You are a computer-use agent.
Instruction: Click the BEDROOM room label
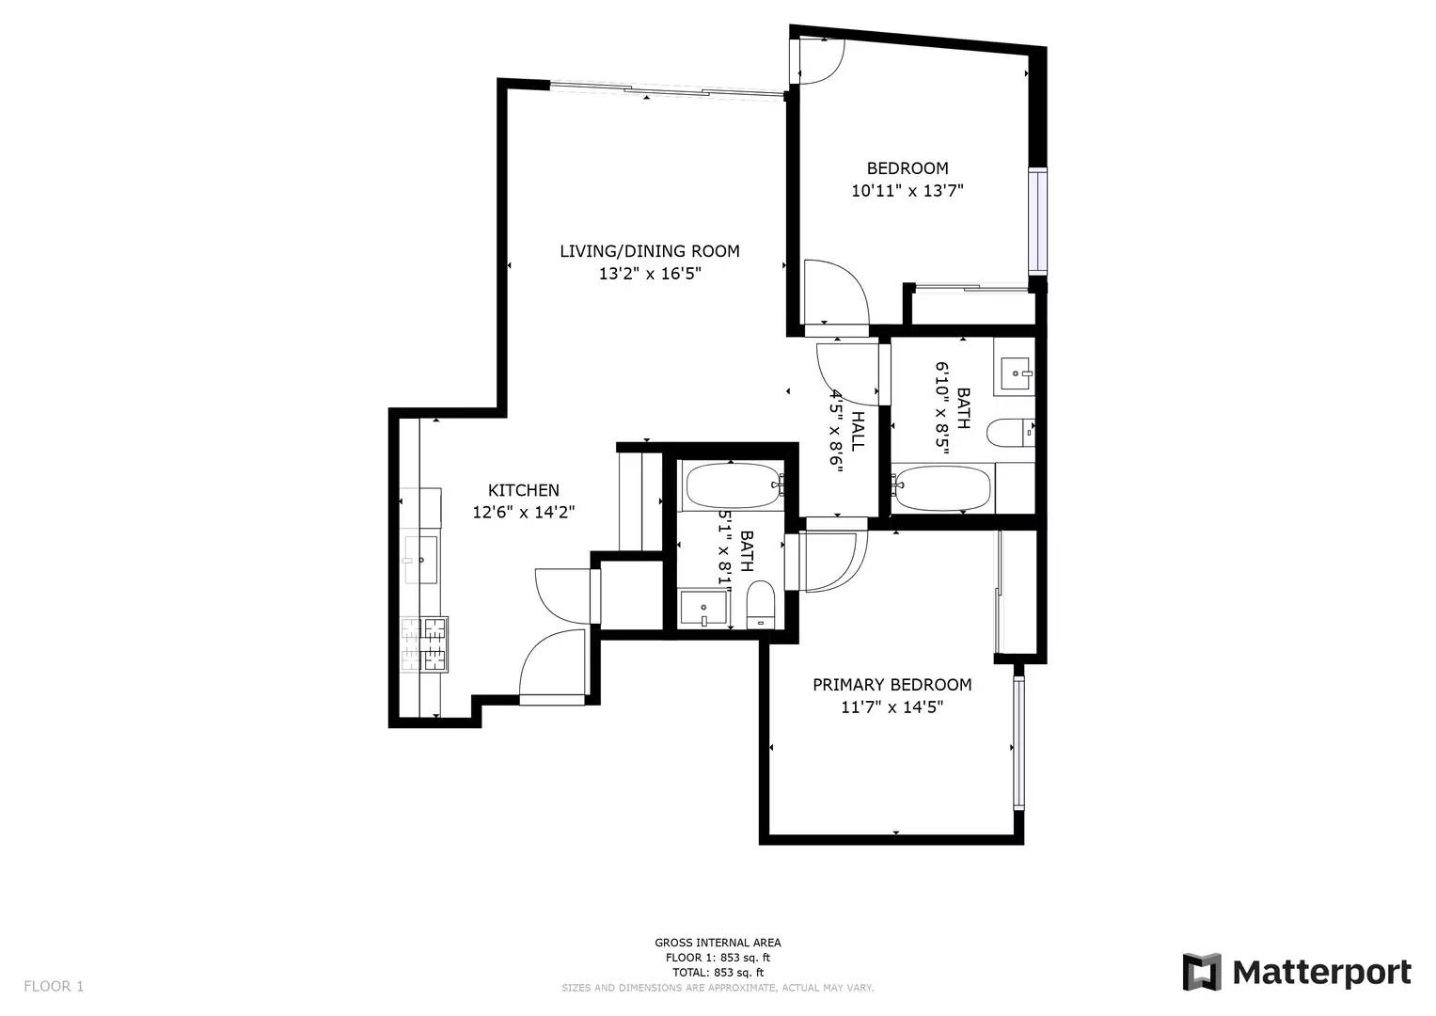[907, 168]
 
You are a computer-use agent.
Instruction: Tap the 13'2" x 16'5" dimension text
[650, 274]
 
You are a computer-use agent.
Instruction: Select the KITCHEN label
[523, 490]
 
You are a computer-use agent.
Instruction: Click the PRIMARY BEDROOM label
[892, 685]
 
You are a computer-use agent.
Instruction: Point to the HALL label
[858, 430]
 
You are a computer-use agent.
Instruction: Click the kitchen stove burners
[424, 644]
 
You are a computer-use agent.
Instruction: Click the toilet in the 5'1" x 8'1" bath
[760, 604]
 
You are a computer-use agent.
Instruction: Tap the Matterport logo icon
[1201, 972]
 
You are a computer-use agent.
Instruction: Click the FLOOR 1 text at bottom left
[54, 986]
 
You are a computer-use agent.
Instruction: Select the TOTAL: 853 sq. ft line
[718, 972]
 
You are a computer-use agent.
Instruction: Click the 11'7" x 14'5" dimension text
[892, 706]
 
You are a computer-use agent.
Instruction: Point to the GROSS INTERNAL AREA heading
[718, 943]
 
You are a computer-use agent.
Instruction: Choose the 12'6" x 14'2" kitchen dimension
[523, 513]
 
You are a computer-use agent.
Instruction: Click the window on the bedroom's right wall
[1037, 221]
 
